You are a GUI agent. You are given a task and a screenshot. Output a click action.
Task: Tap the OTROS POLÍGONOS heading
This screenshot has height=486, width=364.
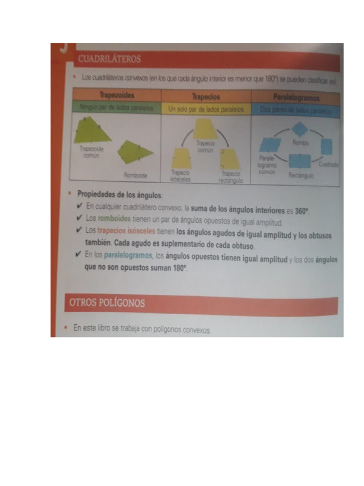coord(107,303)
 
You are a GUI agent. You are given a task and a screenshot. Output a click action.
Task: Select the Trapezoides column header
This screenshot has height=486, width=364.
coord(115,96)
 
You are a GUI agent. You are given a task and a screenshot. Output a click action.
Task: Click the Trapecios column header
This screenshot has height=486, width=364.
coord(206,97)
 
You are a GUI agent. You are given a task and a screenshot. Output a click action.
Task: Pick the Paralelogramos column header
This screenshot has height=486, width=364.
coord(296,98)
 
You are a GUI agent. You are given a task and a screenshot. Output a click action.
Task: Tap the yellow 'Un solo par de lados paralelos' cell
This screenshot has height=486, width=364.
coord(206,109)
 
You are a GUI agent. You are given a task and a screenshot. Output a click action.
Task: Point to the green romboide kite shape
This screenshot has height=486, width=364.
coord(135,152)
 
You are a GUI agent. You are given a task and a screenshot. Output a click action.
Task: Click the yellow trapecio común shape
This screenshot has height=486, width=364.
coord(205,129)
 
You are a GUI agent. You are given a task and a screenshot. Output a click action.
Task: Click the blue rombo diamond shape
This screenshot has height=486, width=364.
coord(300,129)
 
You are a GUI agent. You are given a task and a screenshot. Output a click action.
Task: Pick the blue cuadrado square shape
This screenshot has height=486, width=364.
coord(327,147)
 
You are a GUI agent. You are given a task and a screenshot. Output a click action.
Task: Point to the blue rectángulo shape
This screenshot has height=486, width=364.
coord(300,161)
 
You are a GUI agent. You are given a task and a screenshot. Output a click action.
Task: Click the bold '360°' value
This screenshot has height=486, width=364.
coord(301,211)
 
